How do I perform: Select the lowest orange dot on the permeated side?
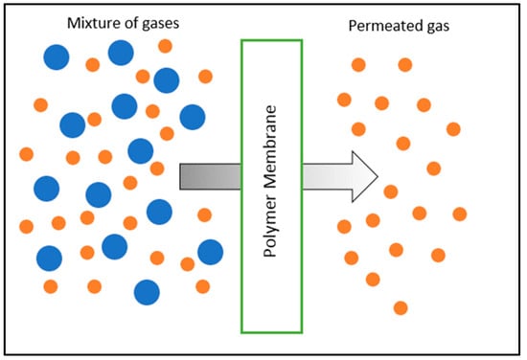(401, 307)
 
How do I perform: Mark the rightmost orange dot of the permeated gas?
(460, 214)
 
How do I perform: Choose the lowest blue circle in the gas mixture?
(147, 291)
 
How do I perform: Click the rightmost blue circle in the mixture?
(210, 252)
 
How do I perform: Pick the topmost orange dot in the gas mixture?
(165, 45)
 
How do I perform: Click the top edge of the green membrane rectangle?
(271, 40)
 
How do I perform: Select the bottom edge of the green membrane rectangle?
(271, 331)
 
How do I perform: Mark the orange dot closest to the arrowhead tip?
(390, 191)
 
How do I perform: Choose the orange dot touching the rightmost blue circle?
(188, 263)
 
